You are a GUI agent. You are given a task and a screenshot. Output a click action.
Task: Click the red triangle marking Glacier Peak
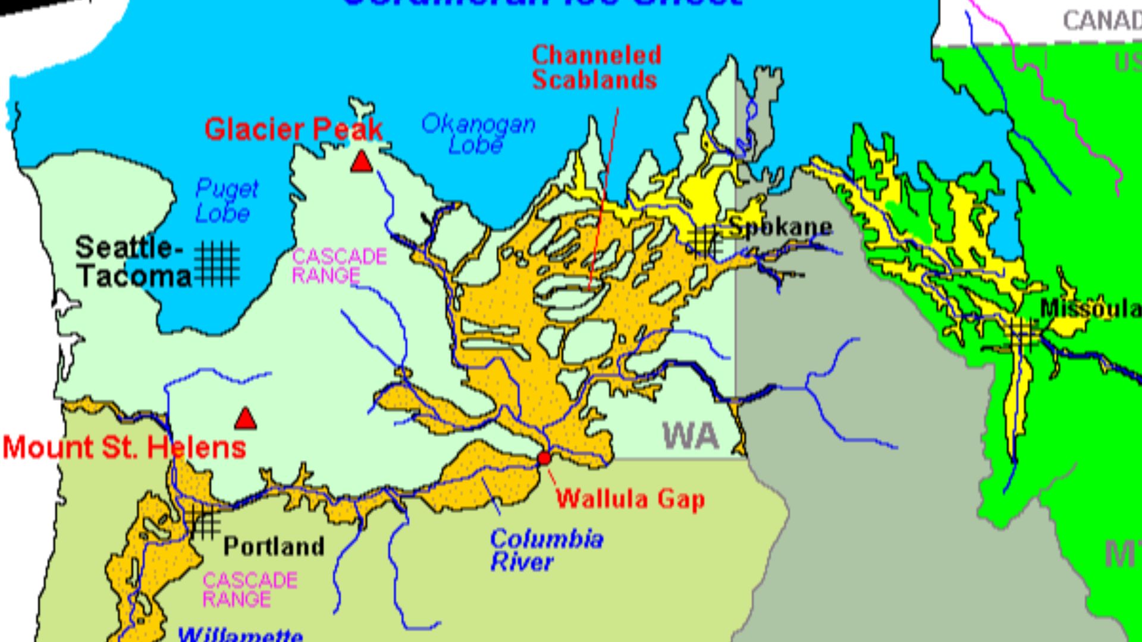tap(361, 162)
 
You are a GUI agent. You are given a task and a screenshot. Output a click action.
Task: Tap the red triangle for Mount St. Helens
tap(245, 419)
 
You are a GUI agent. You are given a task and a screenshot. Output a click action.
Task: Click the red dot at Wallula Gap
tap(544, 458)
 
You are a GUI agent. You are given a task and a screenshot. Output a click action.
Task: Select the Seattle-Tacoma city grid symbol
tap(217, 263)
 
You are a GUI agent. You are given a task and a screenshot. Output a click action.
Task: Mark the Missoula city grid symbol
tap(1022, 334)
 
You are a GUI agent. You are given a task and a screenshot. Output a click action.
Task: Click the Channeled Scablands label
tap(596, 67)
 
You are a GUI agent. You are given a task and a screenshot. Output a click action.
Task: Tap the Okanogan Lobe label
tap(478, 134)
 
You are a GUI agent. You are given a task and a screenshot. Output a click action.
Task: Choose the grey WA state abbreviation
tap(691, 436)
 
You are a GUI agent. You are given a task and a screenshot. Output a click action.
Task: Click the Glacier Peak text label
tap(293, 130)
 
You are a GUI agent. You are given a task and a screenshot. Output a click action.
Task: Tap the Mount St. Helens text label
tap(124, 448)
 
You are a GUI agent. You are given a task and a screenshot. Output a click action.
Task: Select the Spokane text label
tap(780, 226)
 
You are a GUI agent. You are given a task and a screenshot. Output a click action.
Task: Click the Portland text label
tap(274, 546)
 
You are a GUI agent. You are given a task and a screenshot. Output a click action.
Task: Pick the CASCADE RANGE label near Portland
tap(250, 590)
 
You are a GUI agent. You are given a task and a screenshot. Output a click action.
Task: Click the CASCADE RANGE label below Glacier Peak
tap(339, 266)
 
